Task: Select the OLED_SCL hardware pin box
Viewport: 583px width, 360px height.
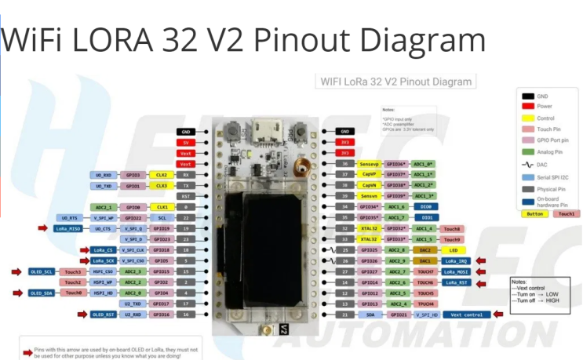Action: coord(42,271)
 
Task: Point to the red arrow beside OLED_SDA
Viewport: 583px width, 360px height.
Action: coord(15,293)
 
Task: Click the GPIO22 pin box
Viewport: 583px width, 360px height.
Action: coord(162,217)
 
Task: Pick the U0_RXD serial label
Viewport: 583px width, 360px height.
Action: coord(104,175)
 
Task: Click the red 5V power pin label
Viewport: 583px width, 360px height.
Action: coord(185,143)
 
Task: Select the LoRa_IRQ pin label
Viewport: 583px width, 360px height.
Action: coord(457,260)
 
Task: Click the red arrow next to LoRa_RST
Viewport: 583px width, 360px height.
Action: coord(483,282)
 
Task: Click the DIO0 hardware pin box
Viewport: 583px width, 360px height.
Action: coord(428,206)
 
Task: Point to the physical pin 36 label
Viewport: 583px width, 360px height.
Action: coord(343,164)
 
